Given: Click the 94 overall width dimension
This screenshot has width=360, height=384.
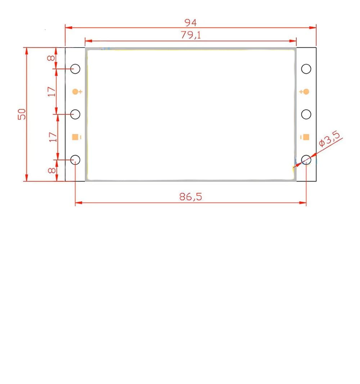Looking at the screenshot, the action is coord(190,23).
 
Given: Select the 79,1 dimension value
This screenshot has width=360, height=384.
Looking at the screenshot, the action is coord(191,35).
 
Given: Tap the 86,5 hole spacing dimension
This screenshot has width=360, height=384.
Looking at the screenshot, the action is coord(191,197).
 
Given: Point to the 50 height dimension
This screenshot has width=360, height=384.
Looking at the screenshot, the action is coord(22,114).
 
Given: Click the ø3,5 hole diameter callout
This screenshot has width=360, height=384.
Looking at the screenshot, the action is coord(329,139).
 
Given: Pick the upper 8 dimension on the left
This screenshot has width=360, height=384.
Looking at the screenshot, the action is coord(51,58).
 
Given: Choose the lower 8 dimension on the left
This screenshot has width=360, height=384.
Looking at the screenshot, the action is coord(51,170).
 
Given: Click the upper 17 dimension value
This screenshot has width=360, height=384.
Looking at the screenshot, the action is coord(51,91).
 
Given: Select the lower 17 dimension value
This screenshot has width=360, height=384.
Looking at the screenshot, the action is coord(53,137).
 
